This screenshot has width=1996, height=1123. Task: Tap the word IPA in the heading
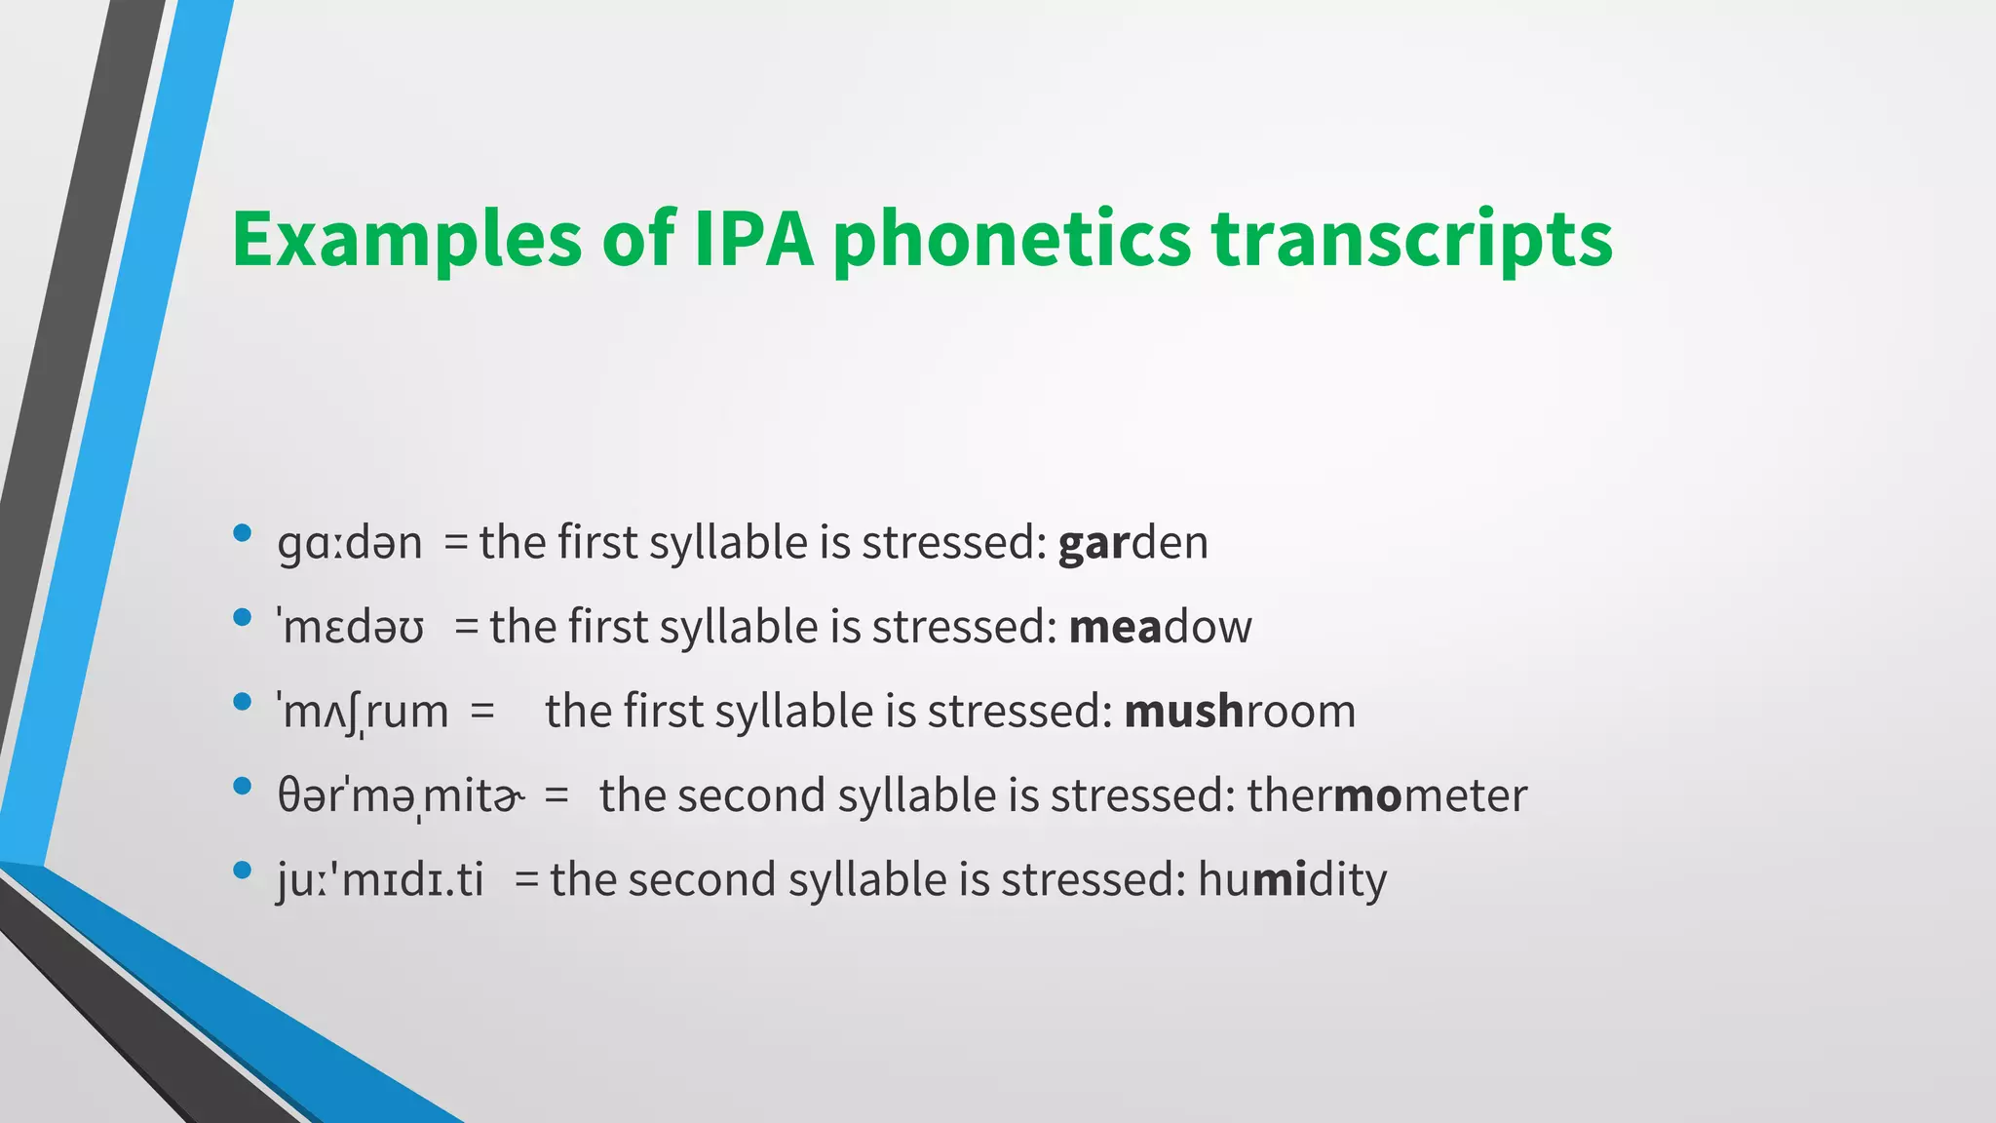coord(752,239)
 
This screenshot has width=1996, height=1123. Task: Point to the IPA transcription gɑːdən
coord(349,544)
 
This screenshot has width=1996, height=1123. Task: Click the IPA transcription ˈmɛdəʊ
coord(351,628)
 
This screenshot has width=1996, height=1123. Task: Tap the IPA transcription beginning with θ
coord(400,796)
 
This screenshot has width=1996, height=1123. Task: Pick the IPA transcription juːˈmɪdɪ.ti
coord(380,880)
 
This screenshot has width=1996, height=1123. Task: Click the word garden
coord(1132,544)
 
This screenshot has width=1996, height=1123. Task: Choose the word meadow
coord(1160,628)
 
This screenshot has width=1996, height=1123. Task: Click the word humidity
coord(1291,880)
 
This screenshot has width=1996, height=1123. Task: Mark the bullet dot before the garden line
coord(243,533)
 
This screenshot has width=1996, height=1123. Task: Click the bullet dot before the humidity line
coord(243,870)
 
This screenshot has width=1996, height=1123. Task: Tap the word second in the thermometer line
coord(750,796)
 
